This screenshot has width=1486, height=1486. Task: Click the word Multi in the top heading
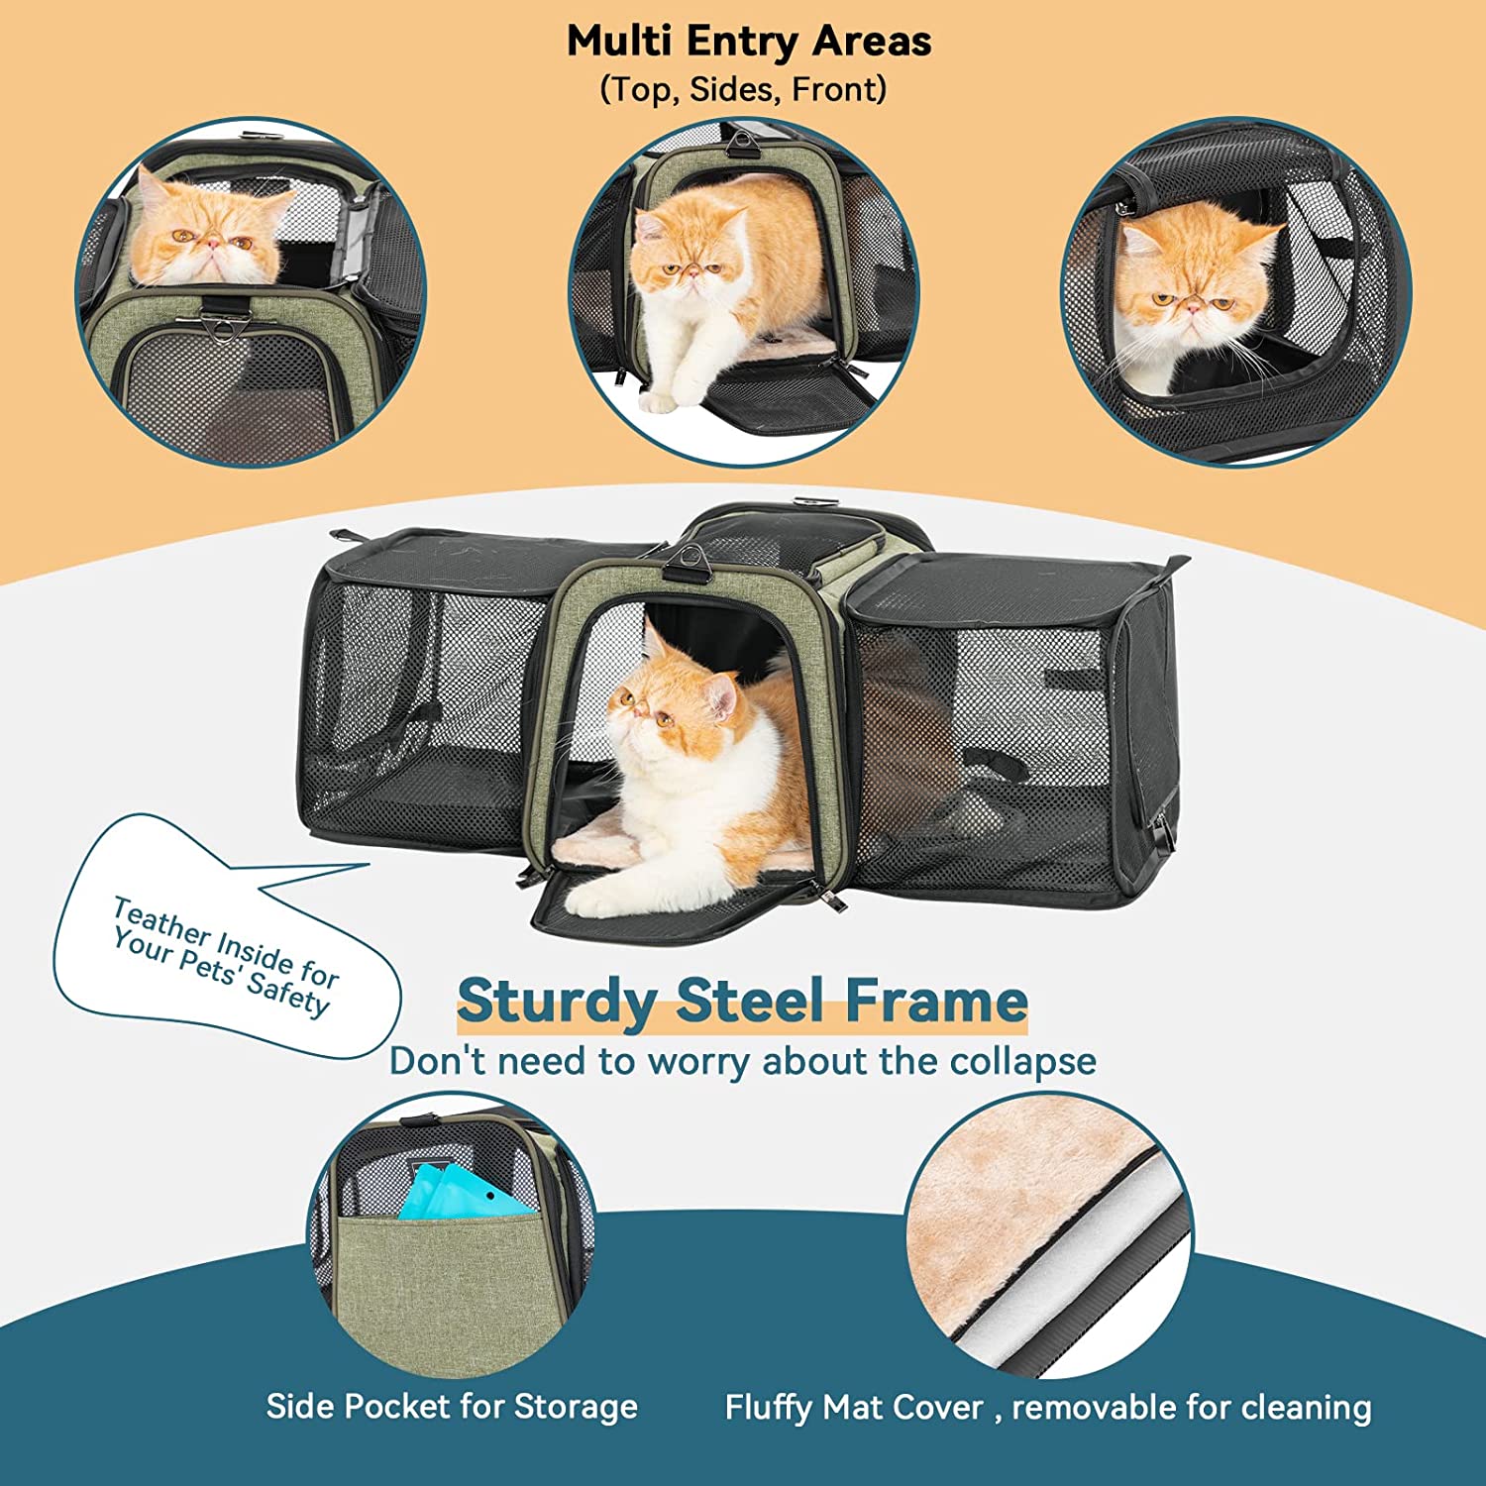[619, 42]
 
